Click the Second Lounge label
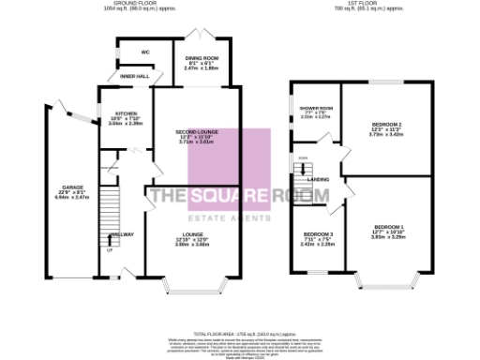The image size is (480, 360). tap(199, 137)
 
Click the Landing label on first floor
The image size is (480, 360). tap(318, 178)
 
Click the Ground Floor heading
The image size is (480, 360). tap(136, 4)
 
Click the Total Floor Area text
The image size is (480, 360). tap(239, 333)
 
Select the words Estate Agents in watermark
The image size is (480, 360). tap(239, 215)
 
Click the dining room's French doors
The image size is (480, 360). tap(201, 33)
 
